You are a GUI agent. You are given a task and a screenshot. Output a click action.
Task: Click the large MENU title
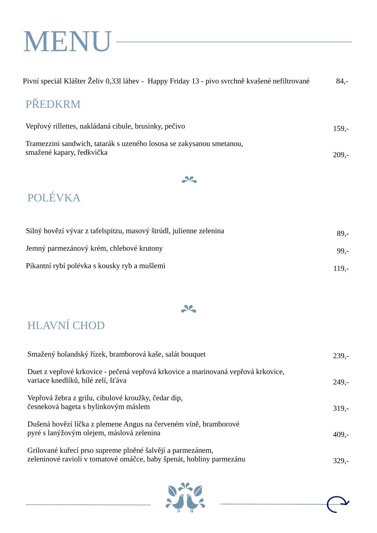[x=67, y=41]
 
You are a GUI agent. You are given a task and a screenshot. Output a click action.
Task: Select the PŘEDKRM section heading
[x=53, y=104]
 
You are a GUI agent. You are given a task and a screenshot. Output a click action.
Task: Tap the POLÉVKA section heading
[x=54, y=198]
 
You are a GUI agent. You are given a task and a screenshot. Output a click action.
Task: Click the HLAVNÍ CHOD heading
[x=66, y=325]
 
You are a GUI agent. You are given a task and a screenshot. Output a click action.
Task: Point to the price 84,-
[x=342, y=81]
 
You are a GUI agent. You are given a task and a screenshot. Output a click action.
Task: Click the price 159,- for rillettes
[x=341, y=129]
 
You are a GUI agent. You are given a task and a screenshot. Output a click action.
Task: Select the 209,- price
[x=341, y=155]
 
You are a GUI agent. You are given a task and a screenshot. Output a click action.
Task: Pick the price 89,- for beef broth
[x=342, y=234]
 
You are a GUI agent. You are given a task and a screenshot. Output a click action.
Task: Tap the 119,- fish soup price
[x=341, y=269]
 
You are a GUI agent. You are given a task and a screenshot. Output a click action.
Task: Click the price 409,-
[x=341, y=435]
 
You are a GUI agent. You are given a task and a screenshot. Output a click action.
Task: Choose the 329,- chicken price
[x=341, y=461]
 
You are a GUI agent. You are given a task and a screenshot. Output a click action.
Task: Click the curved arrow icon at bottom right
[x=338, y=504]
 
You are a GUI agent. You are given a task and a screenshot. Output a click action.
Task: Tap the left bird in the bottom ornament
[x=178, y=502]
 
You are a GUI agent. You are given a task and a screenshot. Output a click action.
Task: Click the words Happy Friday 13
[x=173, y=81]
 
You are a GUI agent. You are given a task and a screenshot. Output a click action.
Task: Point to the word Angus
[x=133, y=424]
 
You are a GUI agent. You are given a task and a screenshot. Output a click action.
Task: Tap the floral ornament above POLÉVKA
[x=189, y=180]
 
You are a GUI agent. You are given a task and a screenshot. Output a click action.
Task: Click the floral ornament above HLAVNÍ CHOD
[x=188, y=309]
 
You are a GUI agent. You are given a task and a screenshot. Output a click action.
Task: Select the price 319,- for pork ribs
[x=341, y=409]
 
